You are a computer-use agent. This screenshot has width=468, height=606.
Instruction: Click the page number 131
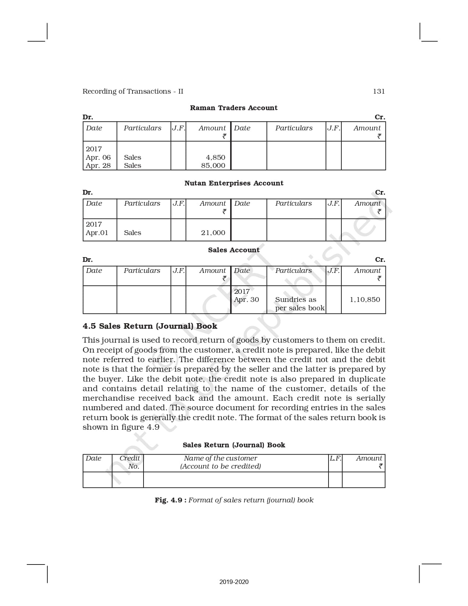[379, 91]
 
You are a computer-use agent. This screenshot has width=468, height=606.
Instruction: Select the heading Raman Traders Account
[233, 108]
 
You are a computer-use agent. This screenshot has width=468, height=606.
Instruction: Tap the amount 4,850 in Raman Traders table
[215, 157]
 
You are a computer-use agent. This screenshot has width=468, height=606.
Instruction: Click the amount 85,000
[213, 165]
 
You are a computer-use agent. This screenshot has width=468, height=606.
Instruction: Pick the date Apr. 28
[98, 165]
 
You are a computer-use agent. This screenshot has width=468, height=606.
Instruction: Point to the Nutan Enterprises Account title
[234, 183]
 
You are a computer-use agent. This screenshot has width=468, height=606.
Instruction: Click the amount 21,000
[213, 232]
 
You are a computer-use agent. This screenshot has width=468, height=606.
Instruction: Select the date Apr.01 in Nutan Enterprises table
[97, 232]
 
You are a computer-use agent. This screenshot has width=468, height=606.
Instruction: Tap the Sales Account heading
[234, 250]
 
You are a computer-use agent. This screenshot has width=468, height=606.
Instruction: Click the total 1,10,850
[365, 299]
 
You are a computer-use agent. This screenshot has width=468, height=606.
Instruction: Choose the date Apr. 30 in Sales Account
[246, 299]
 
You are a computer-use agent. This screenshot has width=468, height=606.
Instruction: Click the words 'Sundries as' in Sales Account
[295, 299]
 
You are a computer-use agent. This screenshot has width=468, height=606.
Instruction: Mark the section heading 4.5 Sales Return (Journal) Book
[150, 326]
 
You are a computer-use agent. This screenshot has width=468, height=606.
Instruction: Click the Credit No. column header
[130, 462]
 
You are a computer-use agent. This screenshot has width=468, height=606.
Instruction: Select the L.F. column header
[335, 458]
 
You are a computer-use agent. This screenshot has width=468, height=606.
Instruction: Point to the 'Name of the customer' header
[220, 458]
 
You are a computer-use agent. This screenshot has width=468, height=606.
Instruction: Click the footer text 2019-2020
[234, 582]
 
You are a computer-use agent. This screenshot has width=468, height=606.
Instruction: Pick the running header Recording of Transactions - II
[133, 91]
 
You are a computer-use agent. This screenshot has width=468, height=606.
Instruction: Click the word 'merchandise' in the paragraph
[108, 398]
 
